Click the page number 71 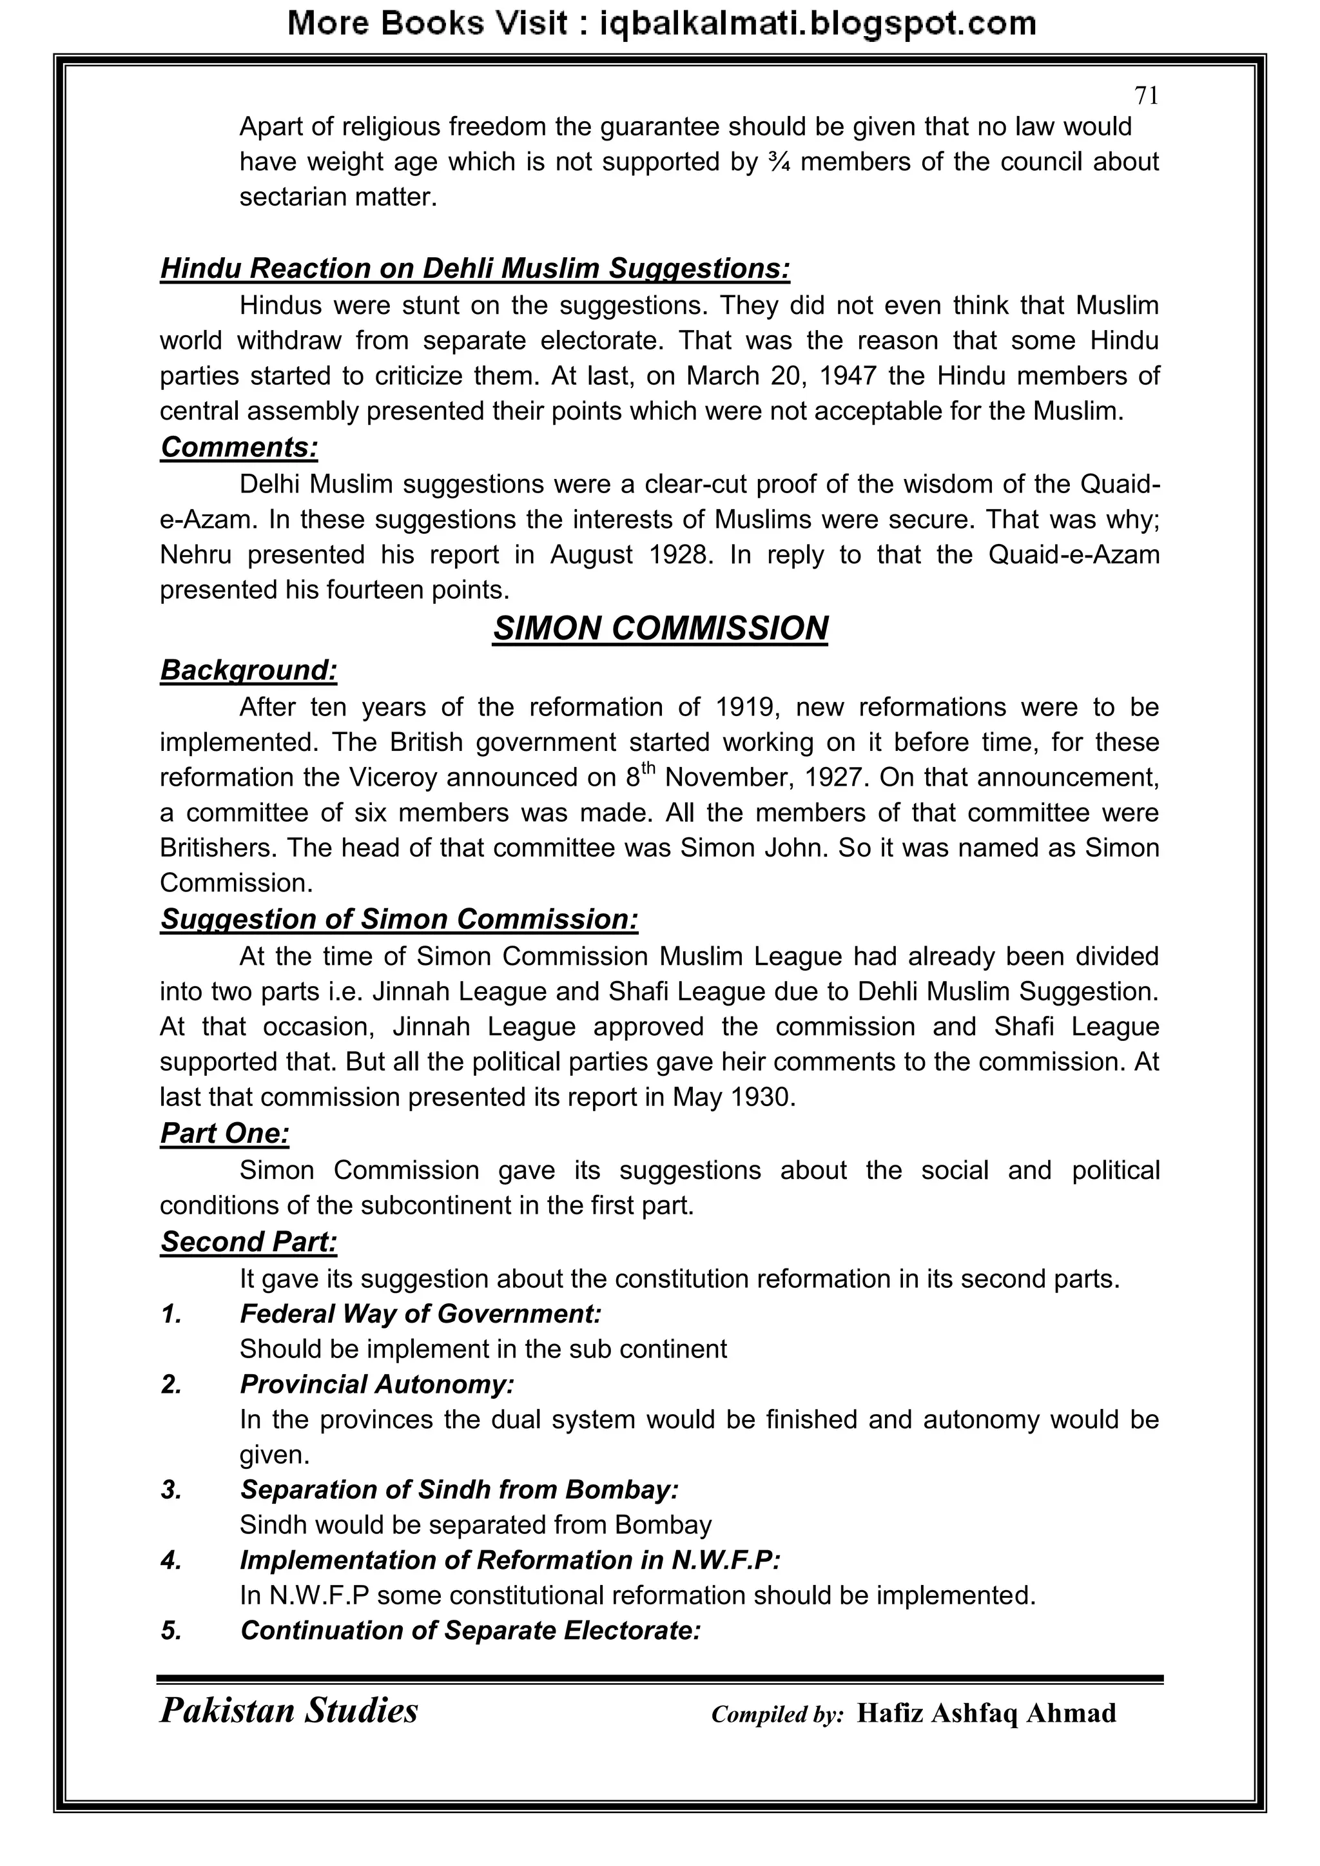coord(1145,96)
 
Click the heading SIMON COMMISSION coord(660,628)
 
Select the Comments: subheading coord(239,447)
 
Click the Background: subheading coord(248,670)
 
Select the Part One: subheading coord(224,1133)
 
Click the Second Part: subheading coord(248,1242)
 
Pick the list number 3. coord(171,1490)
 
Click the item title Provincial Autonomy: coord(377,1384)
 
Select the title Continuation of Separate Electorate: coord(470,1630)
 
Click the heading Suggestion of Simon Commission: coord(398,919)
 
